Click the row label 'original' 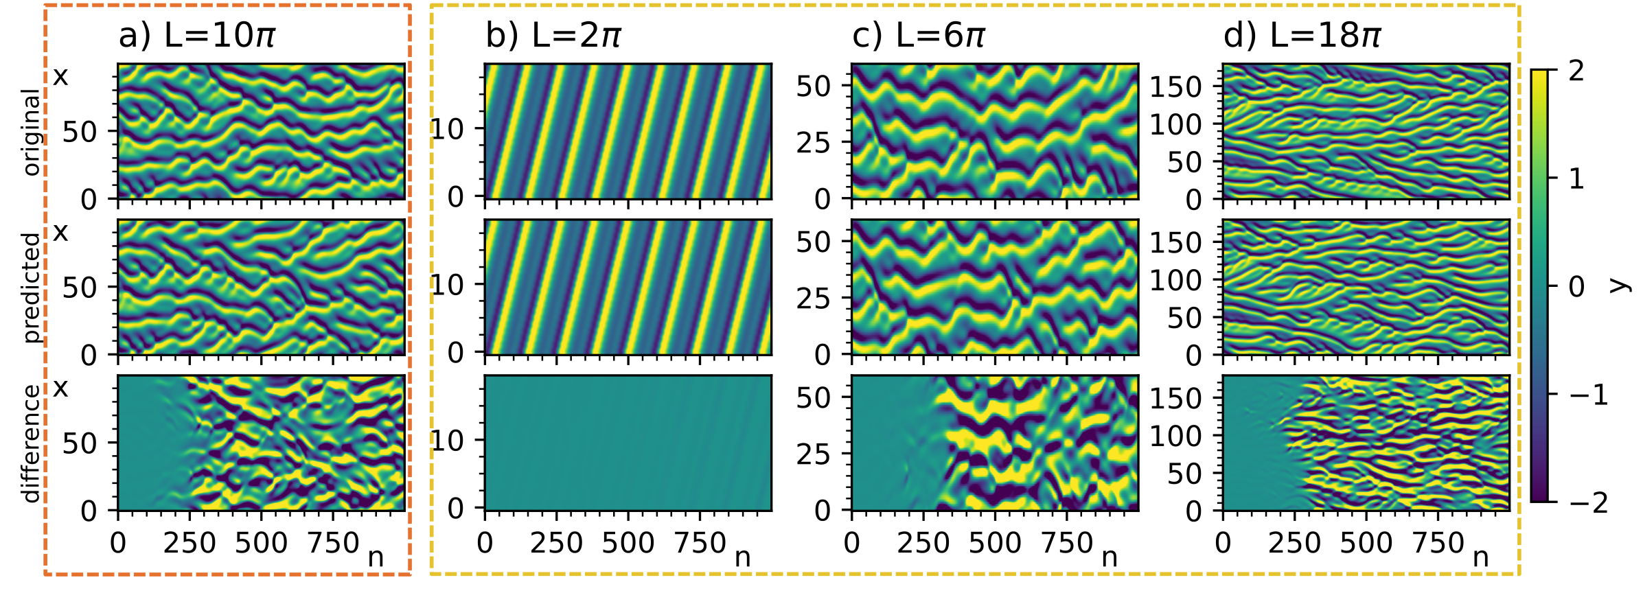click(32, 132)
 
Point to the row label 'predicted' click(32, 288)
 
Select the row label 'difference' click(32, 443)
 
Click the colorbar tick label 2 click(1576, 71)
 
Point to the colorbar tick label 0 click(1577, 287)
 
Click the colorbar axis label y click(1619, 286)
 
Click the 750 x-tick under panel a click(333, 544)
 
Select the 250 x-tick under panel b click(556, 544)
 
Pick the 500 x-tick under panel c click(995, 544)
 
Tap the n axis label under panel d click(1480, 557)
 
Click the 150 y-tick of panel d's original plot click(1175, 87)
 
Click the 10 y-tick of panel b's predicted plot click(448, 285)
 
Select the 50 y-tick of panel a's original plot click(80, 132)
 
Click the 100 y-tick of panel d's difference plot click(1175, 436)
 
